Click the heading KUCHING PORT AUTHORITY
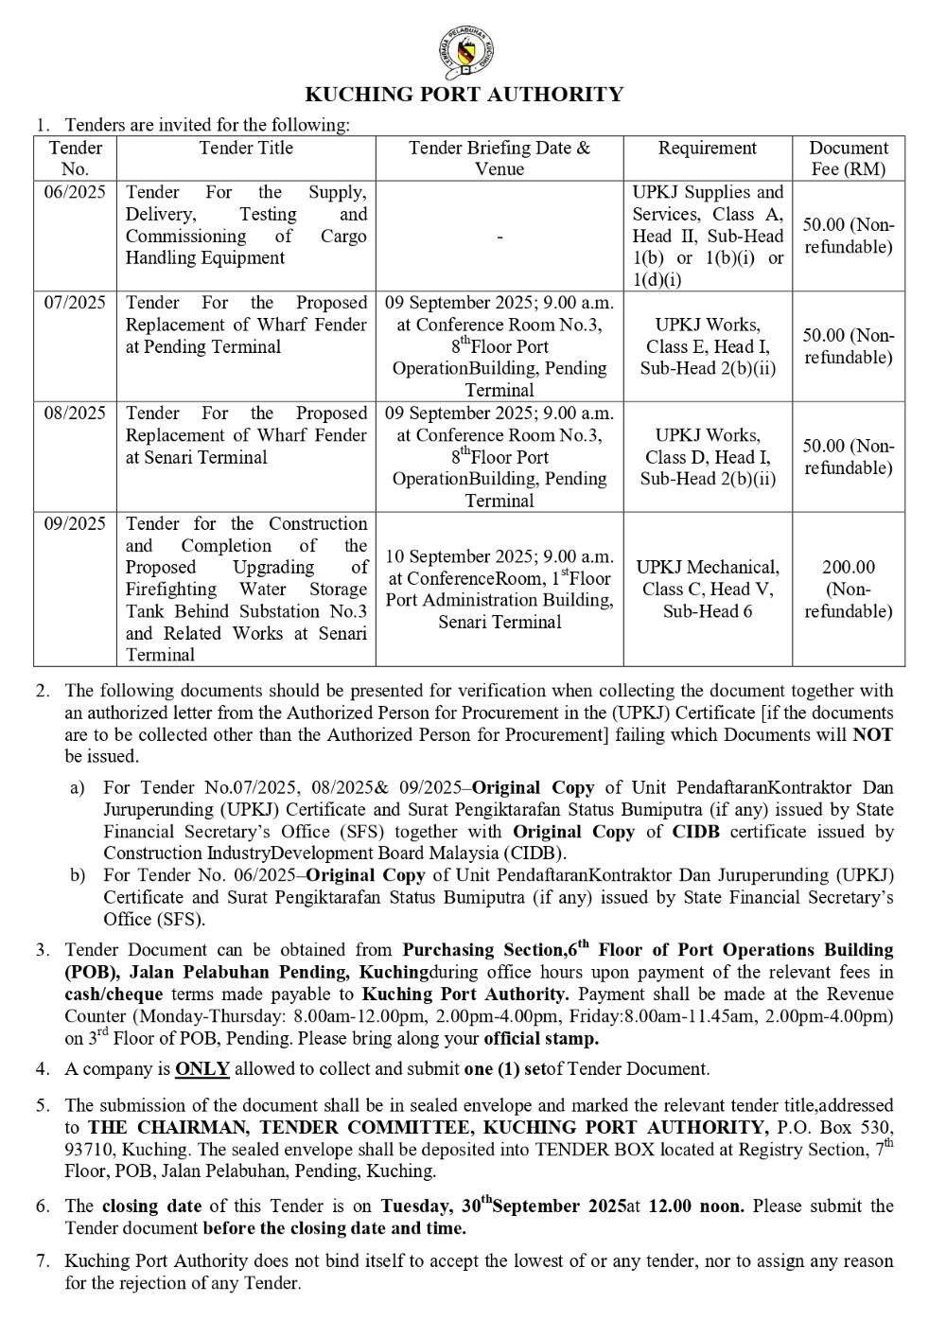tap(464, 95)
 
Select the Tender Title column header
tap(246, 149)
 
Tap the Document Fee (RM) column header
tap(849, 158)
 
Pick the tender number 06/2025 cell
tap(75, 193)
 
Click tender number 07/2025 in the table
tap(75, 303)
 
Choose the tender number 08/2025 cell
tap(75, 414)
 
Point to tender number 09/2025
tap(75, 524)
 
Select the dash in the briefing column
tap(499, 237)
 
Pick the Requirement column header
tap(708, 149)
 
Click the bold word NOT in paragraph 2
tap(872, 735)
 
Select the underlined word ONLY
tap(202, 1069)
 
